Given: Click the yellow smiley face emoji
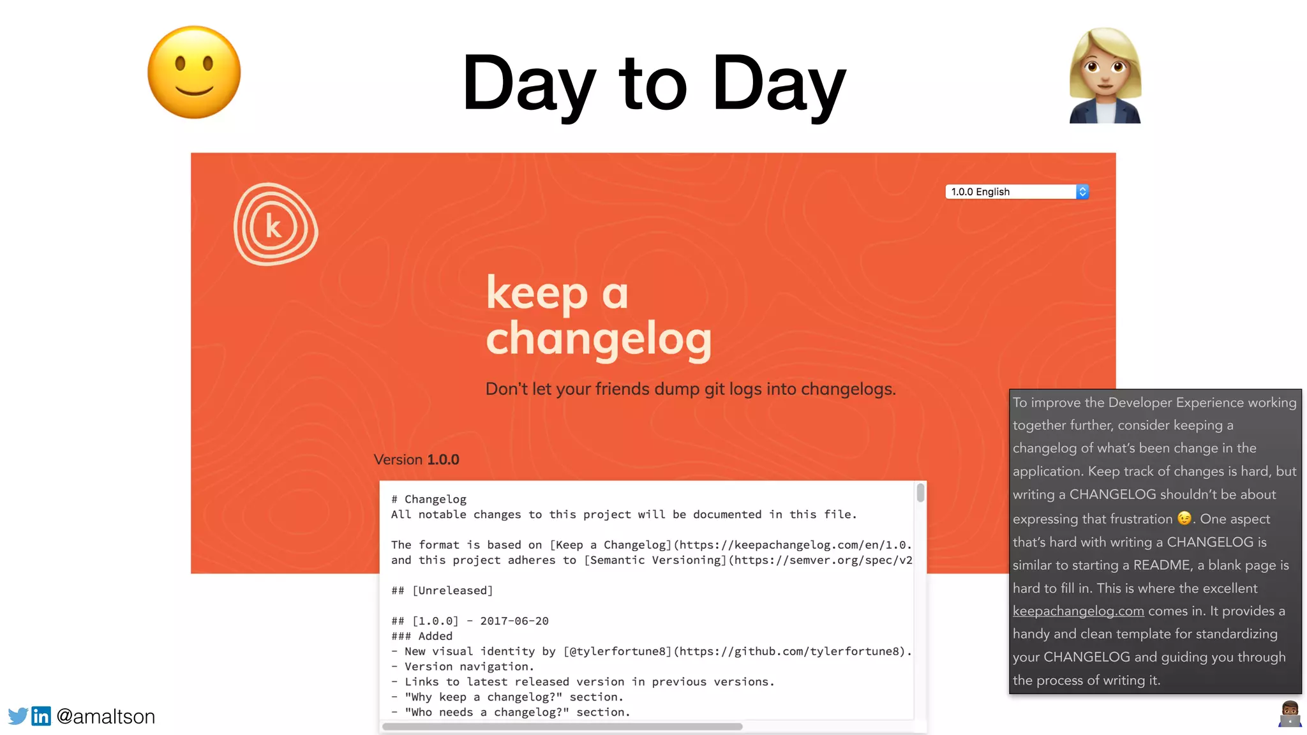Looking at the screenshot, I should click(x=194, y=72).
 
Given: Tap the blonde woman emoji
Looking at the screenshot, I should click(x=1105, y=75).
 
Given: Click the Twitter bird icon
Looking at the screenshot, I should click(x=18, y=716).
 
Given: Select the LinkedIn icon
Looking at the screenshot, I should click(x=41, y=716).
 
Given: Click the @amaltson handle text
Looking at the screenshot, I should click(x=106, y=716).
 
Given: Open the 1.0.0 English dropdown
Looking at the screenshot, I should click(x=1017, y=192).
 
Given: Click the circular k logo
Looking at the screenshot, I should click(x=275, y=225).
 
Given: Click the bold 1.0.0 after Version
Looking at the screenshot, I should click(x=443, y=460).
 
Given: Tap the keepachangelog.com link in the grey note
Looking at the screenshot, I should click(x=1078, y=611).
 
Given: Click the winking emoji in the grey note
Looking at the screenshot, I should click(x=1184, y=518).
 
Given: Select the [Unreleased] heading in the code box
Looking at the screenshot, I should click(x=452, y=591).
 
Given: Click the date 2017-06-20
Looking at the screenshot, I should click(x=514, y=621).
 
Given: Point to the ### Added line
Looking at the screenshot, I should click(x=422, y=636).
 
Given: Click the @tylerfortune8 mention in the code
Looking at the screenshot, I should click(x=617, y=651).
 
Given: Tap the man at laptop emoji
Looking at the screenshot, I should click(x=1290, y=714).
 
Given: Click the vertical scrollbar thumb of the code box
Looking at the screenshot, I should click(x=920, y=493).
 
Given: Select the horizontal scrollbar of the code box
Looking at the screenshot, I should click(x=562, y=727).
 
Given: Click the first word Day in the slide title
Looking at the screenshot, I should click(x=529, y=84).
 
